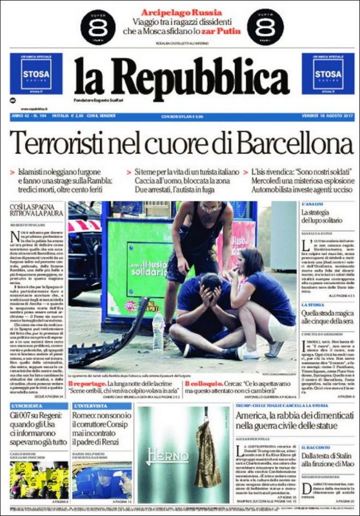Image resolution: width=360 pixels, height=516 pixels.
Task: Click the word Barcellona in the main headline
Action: pyautogui.click(x=295, y=144)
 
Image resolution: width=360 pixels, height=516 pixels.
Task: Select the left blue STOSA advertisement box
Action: pyautogui.click(x=36, y=74)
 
